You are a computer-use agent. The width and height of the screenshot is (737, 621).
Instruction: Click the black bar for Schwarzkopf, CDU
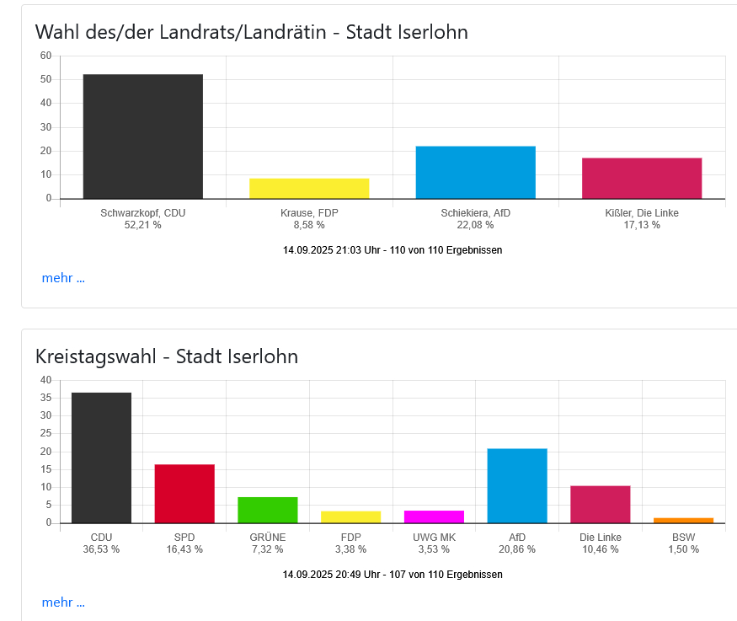142,137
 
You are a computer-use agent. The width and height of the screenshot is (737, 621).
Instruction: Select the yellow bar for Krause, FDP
309,189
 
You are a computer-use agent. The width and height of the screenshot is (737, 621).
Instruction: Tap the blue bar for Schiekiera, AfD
475,173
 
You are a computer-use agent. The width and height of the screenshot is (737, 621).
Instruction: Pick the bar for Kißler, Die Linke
641,178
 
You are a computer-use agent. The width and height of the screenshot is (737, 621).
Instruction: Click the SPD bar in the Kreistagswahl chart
184,494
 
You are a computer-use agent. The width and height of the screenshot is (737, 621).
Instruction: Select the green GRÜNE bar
267,510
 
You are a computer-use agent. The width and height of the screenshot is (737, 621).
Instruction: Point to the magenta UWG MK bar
434,517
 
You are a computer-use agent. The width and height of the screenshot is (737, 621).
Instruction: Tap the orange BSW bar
683,520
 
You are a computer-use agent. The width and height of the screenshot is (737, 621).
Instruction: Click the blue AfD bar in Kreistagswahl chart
517,485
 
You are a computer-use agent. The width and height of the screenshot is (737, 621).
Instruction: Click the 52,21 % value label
142,225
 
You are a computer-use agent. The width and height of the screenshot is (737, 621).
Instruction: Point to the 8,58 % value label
309,225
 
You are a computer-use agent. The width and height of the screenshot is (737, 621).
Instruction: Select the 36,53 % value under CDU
101,549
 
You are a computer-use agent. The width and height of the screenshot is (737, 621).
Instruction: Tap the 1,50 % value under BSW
683,549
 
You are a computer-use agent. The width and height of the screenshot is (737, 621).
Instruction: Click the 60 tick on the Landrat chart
45,56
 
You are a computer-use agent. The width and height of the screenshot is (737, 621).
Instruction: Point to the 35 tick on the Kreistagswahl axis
45,398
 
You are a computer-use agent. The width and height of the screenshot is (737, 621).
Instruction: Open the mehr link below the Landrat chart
63,278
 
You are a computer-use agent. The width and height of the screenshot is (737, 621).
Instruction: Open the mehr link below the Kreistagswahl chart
63,602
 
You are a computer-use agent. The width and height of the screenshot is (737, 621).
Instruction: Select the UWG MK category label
434,537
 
